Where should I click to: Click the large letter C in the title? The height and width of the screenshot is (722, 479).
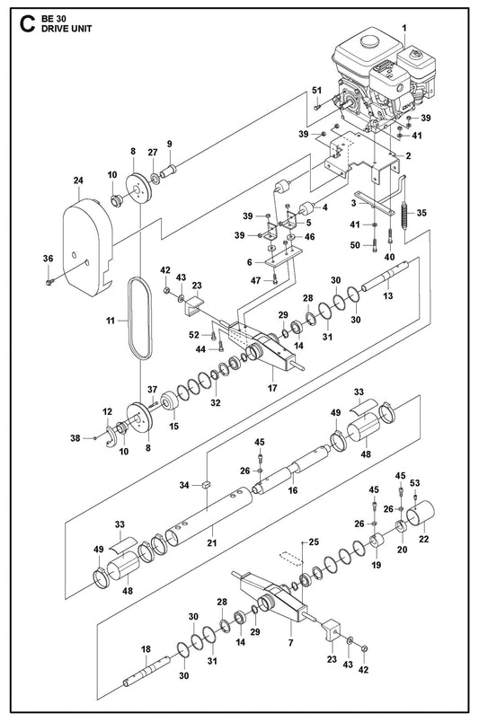click(x=28, y=23)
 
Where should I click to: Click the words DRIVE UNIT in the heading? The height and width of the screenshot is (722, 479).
click(x=67, y=29)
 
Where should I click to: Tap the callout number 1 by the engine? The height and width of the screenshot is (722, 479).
click(x=404, y=28)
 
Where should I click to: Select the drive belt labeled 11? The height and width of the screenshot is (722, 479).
click(x=140, y=318)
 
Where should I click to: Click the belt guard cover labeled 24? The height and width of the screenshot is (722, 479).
click(x=87, y=247)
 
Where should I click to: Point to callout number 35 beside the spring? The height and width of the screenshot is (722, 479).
click(x=421, y=213)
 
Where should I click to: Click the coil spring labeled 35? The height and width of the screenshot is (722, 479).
click(x=405, y=219)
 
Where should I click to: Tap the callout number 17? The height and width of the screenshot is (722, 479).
click(x=272, y=388)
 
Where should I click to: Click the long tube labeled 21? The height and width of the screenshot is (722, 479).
click(x=208, y=516)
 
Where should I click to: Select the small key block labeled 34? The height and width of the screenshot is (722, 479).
click(x=207, y=484)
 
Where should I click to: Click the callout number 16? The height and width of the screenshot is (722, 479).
click(x=293, y=490)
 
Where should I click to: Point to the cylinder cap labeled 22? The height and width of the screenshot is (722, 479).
click(x=421, y=514)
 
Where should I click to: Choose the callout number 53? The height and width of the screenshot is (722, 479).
click(x=415, y=483)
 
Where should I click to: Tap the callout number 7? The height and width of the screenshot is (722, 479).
click(x=291, y=642)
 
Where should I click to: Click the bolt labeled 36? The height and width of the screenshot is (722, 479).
click(x=49, y=281)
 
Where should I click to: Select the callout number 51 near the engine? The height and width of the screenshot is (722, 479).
click(x=316, y=90)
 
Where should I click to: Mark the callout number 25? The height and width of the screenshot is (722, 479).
click(x=314, y=542)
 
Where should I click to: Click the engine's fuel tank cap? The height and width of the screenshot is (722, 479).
click(x=368, y=41)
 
